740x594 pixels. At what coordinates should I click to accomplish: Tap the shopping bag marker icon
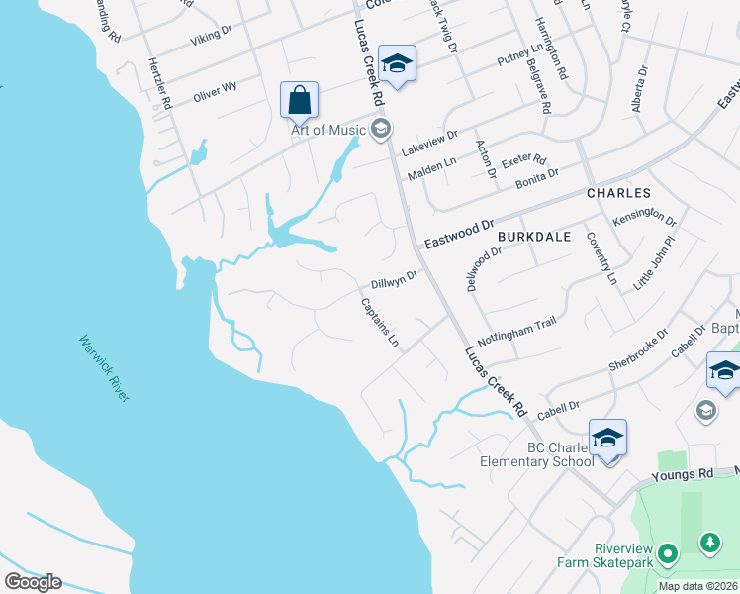coord(299,100)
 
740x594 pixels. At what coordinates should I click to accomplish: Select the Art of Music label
coord(326,129)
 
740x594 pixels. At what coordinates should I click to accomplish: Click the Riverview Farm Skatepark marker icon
coord(668,553)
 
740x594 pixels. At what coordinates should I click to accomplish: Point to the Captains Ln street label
coord(381,323)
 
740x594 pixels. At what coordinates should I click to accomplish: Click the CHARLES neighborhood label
coord(618,193)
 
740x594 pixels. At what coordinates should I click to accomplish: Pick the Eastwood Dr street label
coord(459,235)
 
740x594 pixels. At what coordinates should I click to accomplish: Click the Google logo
coord(32,581)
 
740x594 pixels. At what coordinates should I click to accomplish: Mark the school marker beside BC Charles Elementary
coord(607,438)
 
